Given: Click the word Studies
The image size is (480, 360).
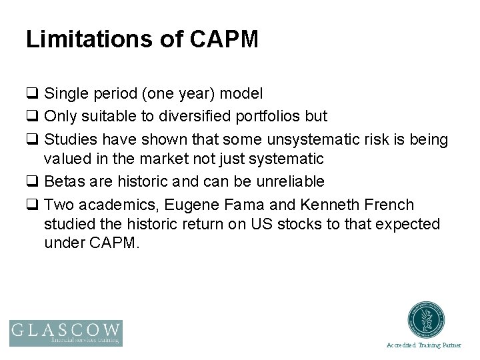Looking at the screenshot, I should (69, 139).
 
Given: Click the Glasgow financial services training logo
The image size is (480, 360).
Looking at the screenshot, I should (65, 333).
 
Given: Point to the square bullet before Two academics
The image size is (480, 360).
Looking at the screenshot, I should (31, 205).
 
